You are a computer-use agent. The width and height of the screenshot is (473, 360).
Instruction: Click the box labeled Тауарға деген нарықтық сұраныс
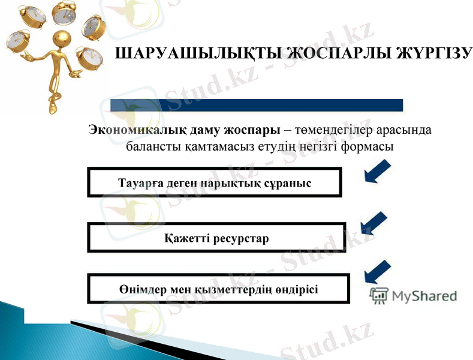215,182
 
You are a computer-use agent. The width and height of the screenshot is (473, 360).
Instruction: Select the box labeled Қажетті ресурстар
216,238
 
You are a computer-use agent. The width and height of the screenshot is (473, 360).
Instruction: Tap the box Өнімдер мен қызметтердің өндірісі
218,289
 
